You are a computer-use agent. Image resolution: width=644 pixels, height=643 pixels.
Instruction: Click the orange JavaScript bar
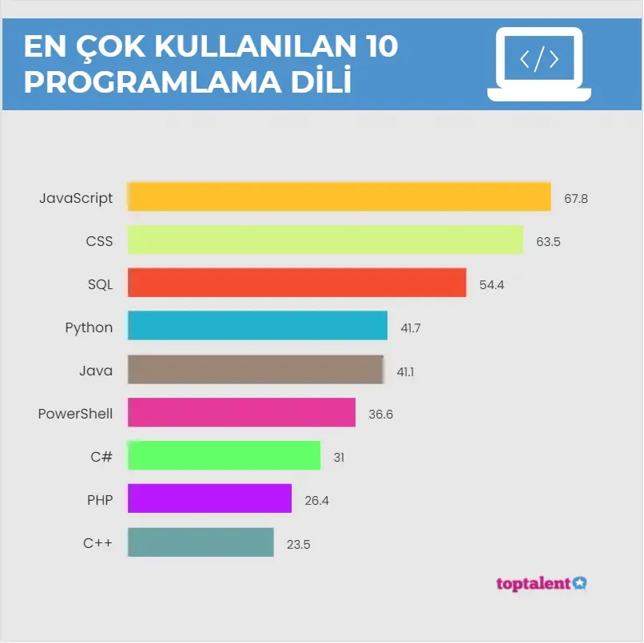pos(340,196)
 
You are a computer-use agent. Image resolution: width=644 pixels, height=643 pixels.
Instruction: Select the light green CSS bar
pos(325,240)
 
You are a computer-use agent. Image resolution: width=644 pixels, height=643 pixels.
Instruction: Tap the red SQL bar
pos(297,283)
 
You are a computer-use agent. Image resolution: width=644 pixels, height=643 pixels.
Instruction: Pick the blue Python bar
pos(257,326)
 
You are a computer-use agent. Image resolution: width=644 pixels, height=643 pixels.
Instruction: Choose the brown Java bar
pos(256,369)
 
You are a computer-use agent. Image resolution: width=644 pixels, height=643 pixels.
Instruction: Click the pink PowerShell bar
pos(241,412)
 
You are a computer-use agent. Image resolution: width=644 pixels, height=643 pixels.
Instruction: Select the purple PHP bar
pos(209,498)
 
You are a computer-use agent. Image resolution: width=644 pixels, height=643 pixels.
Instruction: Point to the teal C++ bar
pos(201,542)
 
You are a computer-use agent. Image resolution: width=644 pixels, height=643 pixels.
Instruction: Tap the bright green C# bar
pos(224,455)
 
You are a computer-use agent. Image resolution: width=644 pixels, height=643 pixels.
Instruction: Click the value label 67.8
pos(576,199)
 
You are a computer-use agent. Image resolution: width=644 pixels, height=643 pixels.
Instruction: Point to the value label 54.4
pos(491,285)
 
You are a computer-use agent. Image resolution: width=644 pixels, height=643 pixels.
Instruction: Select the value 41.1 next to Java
pos(405,372)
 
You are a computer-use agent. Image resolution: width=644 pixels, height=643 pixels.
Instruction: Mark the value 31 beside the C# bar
pos(339,458)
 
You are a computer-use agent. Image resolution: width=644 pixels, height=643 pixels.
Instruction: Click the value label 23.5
pos(299,545)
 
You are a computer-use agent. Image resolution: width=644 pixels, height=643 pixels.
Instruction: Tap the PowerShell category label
pos(75,414)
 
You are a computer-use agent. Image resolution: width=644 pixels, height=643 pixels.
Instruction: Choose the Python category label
pos(89,328)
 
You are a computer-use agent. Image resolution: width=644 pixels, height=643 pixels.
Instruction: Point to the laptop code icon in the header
pos(539,64)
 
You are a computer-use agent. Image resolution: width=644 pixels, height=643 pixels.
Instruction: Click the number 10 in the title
pos(383,46)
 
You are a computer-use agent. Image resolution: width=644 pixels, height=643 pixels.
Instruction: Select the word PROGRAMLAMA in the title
pos(153,82)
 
